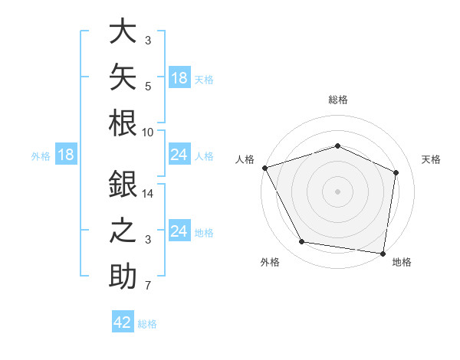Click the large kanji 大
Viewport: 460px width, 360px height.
click(123, 31)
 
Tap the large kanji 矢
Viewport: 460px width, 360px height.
click(123, 77)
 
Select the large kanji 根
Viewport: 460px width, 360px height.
click(123, 123)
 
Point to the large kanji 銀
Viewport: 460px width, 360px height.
click(123, 184)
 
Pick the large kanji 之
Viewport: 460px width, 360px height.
click(123, 230)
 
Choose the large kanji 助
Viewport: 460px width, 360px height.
click(123, 276)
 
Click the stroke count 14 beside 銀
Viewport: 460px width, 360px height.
click(147, 194)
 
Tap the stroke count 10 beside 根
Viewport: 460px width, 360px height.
click(147, 133)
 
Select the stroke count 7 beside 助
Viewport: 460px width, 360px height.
click(148, 286)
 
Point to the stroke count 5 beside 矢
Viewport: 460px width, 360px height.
click(148, 87)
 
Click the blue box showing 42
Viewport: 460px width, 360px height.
click(123, 321)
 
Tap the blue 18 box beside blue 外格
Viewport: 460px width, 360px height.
click(66, 154)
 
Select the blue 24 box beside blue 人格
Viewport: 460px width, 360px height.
click(180, 154)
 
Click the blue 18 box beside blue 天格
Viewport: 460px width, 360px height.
click(180, 77)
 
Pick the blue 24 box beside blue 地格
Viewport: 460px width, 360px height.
click(180, 230)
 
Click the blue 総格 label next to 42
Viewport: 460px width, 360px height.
click(147, 324)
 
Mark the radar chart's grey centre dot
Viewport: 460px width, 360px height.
click(337, 191)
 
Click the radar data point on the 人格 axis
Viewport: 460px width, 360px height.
click(265, 168)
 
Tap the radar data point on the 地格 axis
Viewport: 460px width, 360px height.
click(383, 254)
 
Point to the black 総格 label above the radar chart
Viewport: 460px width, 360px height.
click(338, 100)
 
